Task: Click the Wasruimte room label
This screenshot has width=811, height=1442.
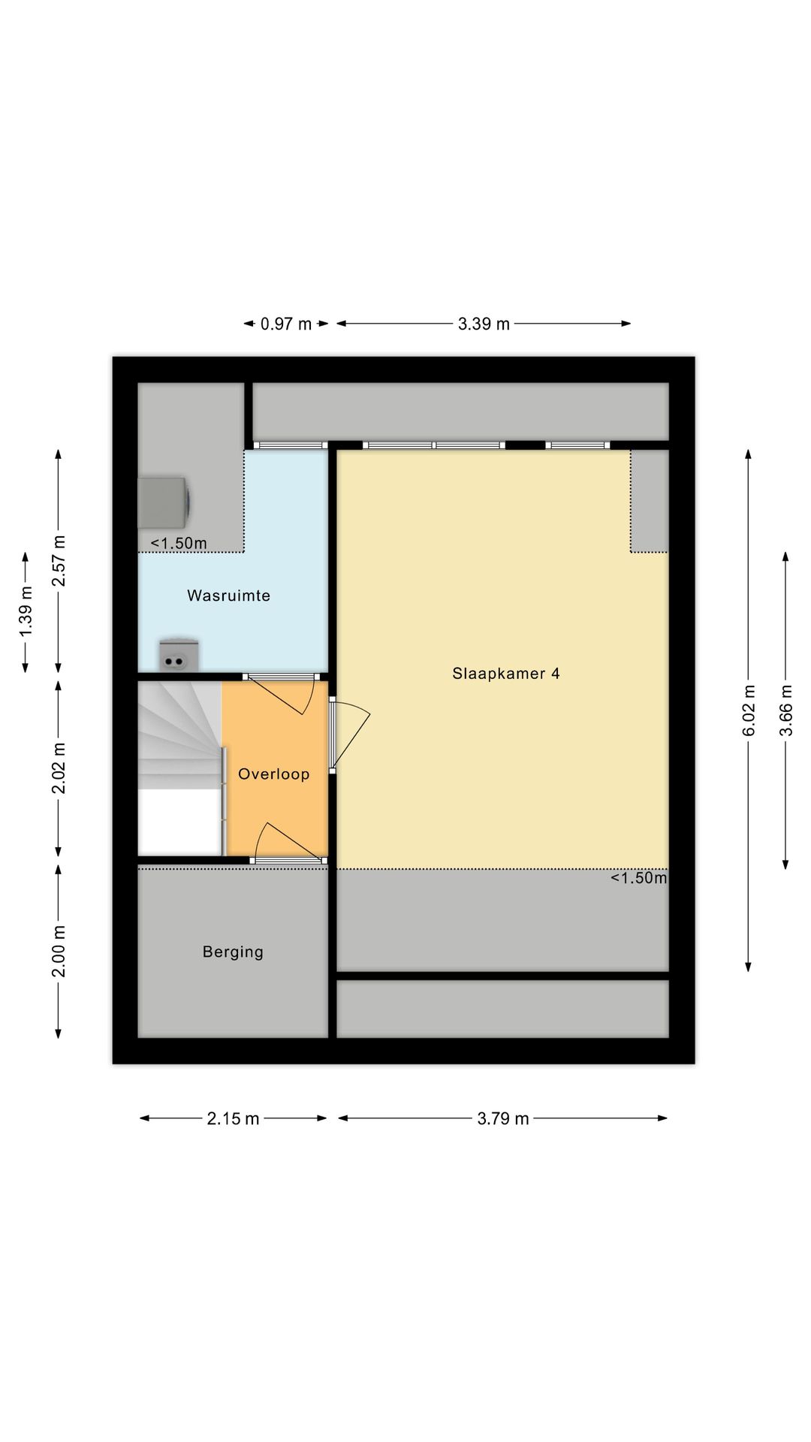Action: click(x=228, y=596)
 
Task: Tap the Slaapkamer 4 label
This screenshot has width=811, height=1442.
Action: click(x=505, y=674)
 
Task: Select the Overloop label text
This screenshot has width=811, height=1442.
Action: click(x=273, y=774)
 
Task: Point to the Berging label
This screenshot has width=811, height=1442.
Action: click(x=233, y=952)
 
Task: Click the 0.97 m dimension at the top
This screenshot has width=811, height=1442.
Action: click(x=286, y=324)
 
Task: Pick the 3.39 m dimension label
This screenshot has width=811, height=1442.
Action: click(x=484, y=324)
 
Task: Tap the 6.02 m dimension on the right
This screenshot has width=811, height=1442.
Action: click(x=749, y=710)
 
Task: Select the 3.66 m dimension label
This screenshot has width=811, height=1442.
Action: click(x=785, y=710)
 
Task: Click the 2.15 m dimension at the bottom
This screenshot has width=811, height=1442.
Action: click(x=233, y=1119)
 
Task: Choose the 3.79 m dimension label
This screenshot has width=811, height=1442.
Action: click(x=503, y=1119)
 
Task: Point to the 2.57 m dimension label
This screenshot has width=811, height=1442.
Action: click(x=59, y=562)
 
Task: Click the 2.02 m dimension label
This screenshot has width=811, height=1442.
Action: click(x=59, y=768)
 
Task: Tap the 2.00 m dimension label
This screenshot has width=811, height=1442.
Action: click(x=59, y=952)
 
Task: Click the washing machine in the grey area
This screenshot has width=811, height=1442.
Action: click(x=164, y=502)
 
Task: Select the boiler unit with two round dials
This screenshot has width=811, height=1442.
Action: click(x=179, y=654)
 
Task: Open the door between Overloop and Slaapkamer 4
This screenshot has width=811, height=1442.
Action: click(x=349, y=736)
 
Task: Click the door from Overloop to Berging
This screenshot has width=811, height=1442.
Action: click(x=289, y=843)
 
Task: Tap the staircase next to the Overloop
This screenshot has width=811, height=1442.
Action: click(x=180, y=767)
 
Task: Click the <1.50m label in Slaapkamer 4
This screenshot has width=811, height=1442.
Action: click(x=638, y=878)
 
